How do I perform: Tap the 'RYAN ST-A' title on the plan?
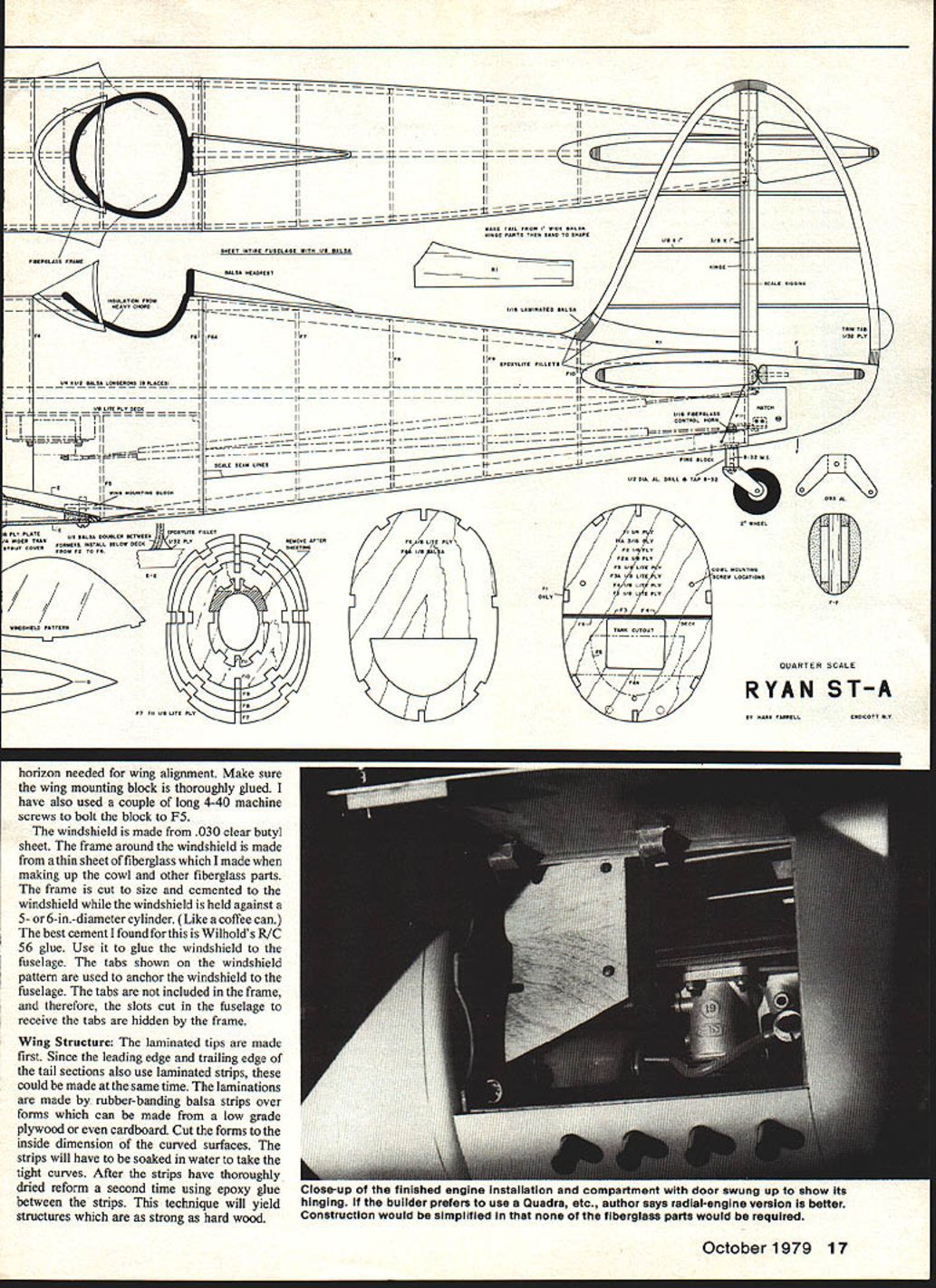tap(817, 690)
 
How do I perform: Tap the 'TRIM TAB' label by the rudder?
tap(854, 332)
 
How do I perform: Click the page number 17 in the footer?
tap(838, 1247)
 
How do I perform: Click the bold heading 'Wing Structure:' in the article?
tap(67, 1042)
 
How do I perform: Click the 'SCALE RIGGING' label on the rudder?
tap(785, 283)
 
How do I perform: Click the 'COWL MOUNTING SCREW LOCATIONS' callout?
tap(738, 573)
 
